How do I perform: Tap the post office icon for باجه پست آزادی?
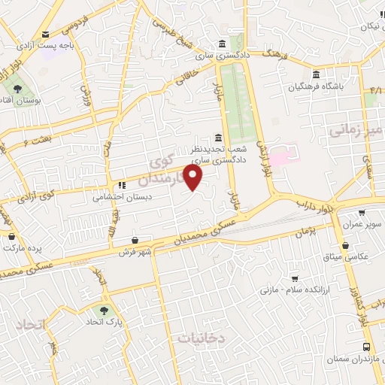coord(46,34)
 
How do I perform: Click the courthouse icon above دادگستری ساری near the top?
coord(221,43)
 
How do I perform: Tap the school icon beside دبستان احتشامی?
coord(120,186)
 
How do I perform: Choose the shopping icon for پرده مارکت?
coord(11,235)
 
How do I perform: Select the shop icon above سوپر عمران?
coord(362,213)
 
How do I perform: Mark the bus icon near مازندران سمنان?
coord(366,347)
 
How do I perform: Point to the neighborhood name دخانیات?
coord(202,338)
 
